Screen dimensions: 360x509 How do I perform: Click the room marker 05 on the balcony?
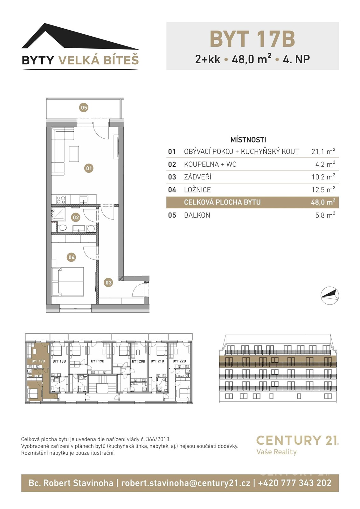click(84, 108)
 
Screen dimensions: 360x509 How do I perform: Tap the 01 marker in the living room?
click(89, 168)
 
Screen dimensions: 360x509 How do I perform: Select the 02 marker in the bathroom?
click(76, 218)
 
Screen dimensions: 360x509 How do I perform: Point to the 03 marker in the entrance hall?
click(108, 282)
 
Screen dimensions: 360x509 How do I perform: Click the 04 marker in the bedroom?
click(72, 257)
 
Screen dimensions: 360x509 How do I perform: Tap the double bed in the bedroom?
click(68, 282)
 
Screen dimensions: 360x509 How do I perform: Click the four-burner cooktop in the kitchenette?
click(61, 200)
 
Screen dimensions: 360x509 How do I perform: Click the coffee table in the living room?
click(74, 154)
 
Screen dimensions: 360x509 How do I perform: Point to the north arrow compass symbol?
click(330, 296)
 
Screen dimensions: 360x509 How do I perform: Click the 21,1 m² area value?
click(323, 151)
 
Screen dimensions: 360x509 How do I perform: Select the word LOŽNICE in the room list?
click(197, 190)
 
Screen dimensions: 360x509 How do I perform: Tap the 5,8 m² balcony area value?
click(325, 215)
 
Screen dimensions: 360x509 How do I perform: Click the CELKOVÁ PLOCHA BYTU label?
click(222, 202)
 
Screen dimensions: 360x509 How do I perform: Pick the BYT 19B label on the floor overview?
click(97, 361)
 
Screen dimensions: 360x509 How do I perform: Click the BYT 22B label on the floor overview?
click(179, 361)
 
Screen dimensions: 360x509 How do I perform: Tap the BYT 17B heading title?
click(252, 39)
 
